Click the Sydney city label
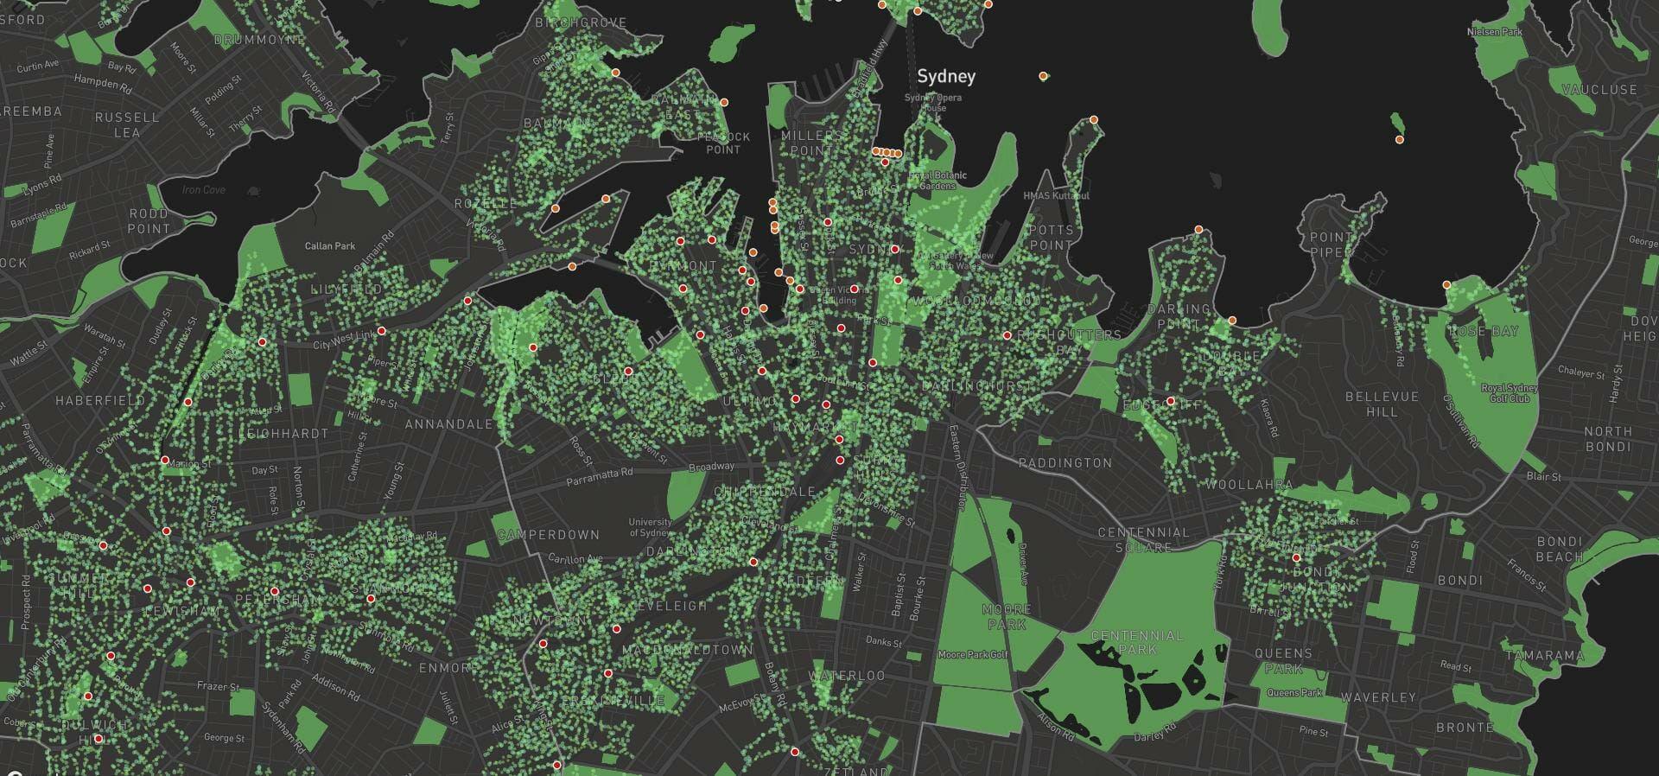pos(946,76)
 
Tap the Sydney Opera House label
pos(933,102)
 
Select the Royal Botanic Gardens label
pos(938,180)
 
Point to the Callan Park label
pos(330,246)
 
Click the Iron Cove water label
pos(204,190)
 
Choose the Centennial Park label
pos(1137,642)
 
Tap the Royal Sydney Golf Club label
pos(1510,393)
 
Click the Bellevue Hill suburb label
pos(1382,404)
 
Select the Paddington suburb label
pos(1065,463)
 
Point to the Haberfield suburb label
pos(100,401)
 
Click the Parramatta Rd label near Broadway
pos(600,477)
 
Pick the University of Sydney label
pos(650,527)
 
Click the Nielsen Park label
pos(1495,32)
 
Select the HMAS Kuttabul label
pos(1056,196)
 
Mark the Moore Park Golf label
pos(973,655)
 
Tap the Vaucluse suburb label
pos(1599,90)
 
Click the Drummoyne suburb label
pos(258,40)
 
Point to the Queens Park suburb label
pos(1283,661)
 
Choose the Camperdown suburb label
pos(549,535)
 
